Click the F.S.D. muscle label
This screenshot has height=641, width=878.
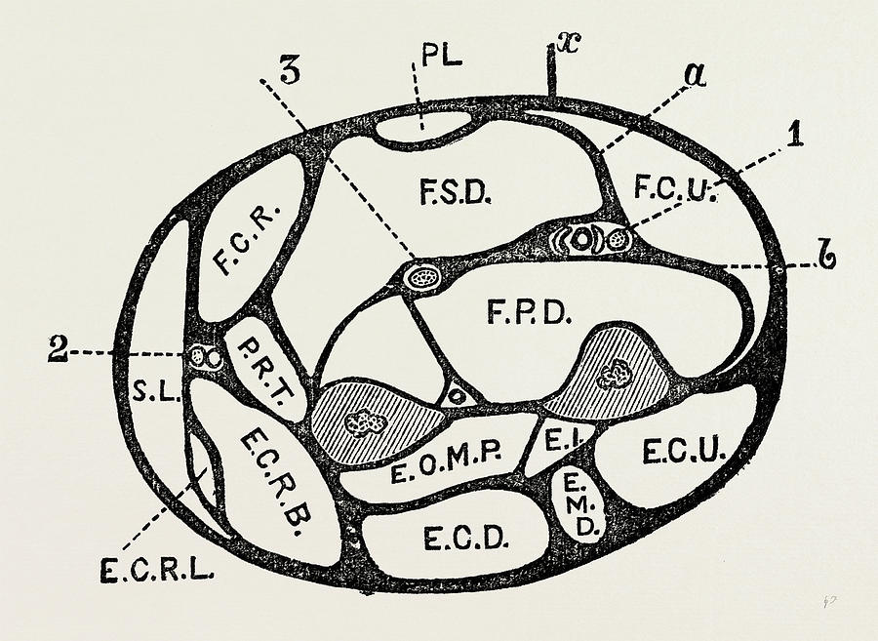click(x=456, y=191)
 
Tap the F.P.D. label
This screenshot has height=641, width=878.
click(x=529, y=311)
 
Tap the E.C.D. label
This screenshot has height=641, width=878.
click(x=466, y=540)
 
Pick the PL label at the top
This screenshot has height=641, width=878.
click(x=442, y=57)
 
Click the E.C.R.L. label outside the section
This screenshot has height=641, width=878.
click(x=157, y=571)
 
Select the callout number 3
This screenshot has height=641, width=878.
click(x=290, y=70)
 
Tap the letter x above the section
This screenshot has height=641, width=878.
click(x=570, y=44)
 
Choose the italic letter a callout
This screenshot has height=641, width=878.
click(x=695, y=75)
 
